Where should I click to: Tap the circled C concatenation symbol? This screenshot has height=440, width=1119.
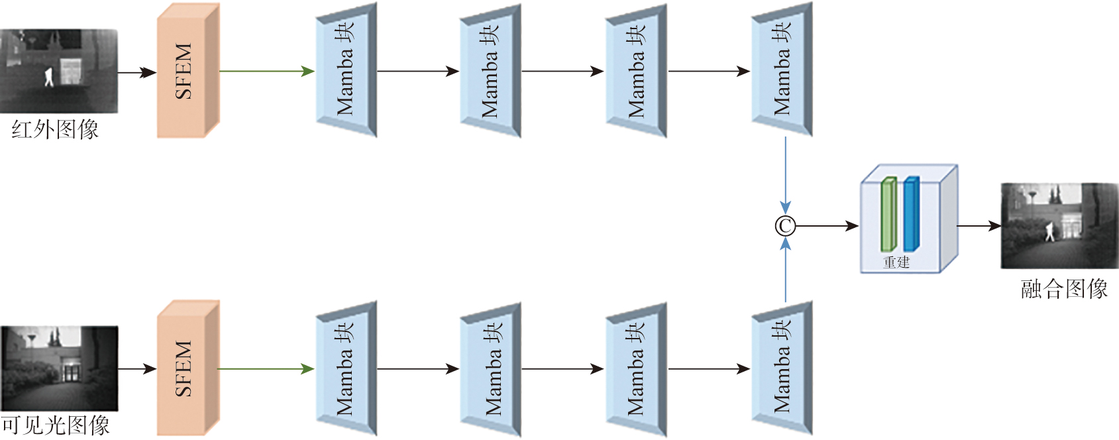(x=785, y=227)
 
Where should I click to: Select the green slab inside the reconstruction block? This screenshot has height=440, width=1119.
(x=888, y=215)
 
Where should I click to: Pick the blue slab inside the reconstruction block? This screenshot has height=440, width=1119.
(x=911, y=214)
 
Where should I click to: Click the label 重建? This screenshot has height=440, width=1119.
(x=896, y=262)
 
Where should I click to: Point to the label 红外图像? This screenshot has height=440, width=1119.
(x=55, y=129)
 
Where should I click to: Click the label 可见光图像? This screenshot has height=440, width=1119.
(x=55, y=425)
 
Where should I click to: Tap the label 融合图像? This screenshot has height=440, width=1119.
(x=1063, y=289)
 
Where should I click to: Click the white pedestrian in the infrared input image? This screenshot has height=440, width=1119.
(x=48, y=77)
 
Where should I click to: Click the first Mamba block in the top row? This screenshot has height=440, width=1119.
(x=346, y=70)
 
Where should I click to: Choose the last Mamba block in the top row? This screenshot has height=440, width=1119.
(x=782, y=70)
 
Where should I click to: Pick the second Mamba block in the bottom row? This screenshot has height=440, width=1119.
(x=490, y=368)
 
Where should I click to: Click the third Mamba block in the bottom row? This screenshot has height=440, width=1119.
(x=635, y=368)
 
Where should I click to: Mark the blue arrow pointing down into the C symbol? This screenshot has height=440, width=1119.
(x=785, y=176)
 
